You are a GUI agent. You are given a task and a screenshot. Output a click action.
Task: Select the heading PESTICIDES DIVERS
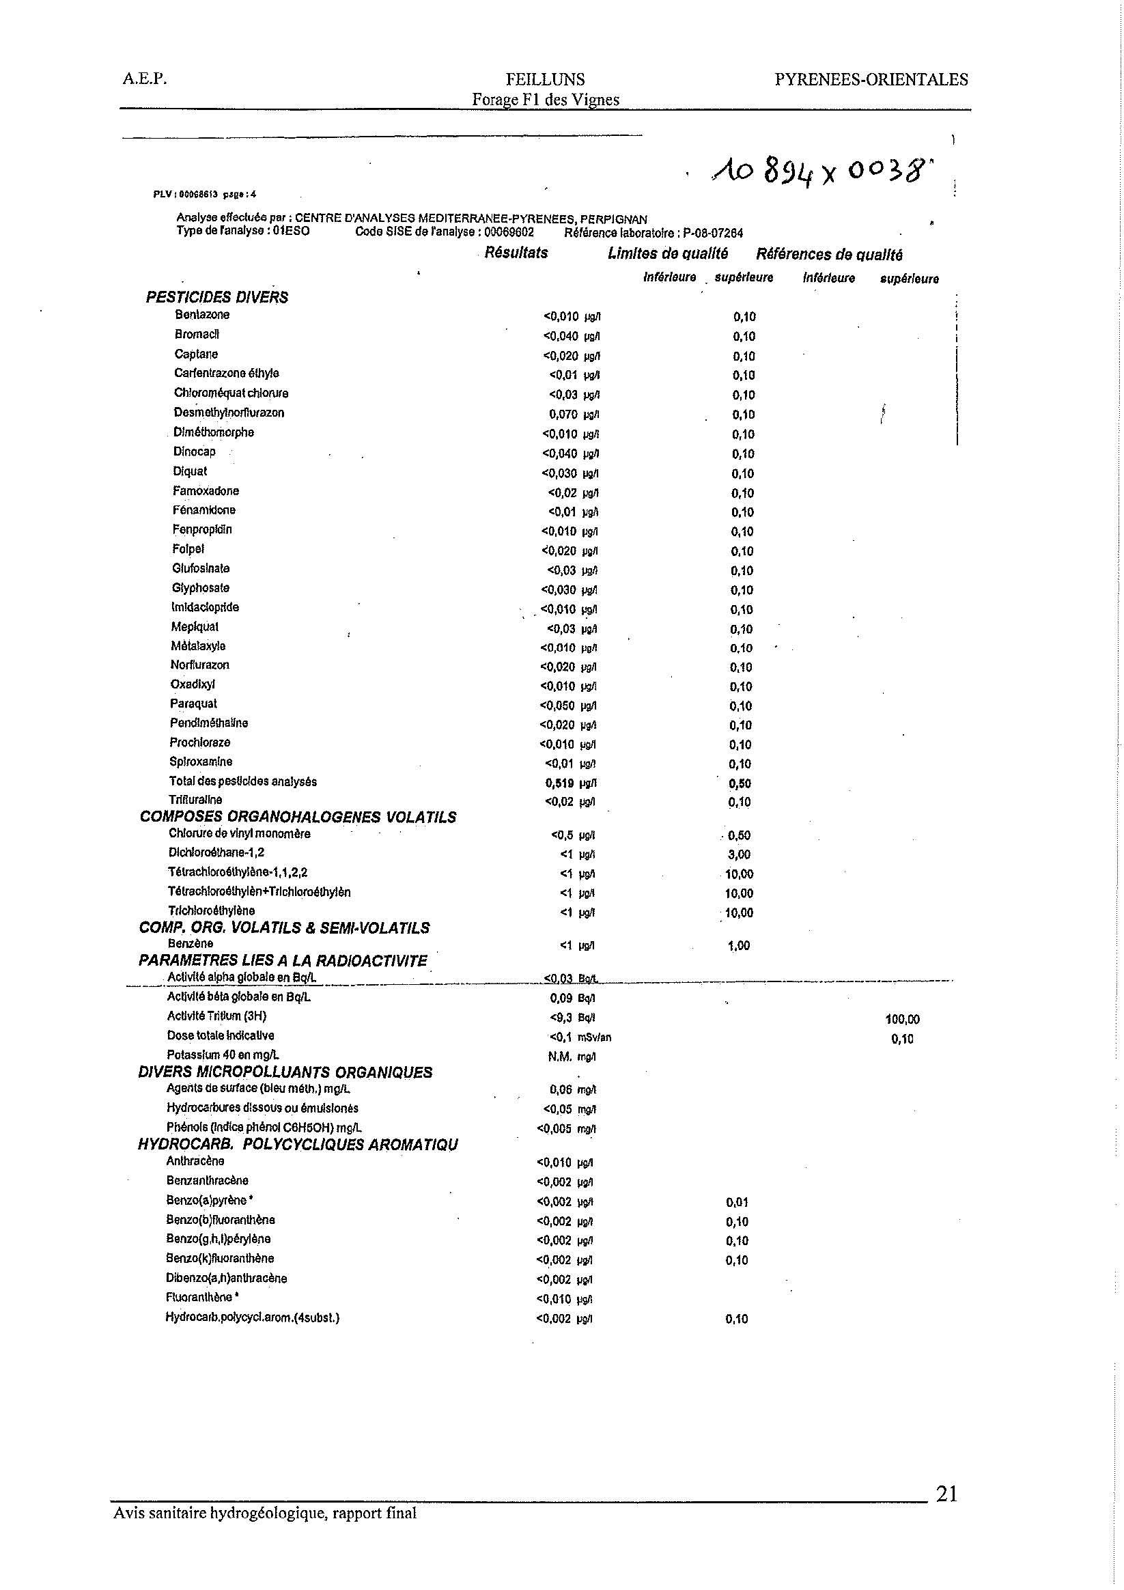pyautogui.click(x=216, y=297)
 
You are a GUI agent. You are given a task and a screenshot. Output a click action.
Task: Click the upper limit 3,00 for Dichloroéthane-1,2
pyautogui.click(x=739, y=854)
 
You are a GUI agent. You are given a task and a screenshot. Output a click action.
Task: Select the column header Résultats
pyautogui.click(x=516, y=253)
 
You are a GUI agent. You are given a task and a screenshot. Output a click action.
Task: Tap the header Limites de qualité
pyautogui.click(x=668, y=253)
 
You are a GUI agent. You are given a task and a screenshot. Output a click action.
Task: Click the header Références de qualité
pyautogui.click(x=829, y=254)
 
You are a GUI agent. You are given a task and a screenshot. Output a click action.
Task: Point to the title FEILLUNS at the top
pyautogui.click(x=545, y=80)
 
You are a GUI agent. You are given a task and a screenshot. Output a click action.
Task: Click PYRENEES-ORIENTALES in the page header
pyautogui.click(x=871, y=80)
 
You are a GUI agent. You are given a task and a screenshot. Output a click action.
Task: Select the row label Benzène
pyautogui.click(x=191, y=943)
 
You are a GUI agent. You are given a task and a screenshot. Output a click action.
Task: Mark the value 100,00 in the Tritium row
pyautogui.click(x=902, y=1020)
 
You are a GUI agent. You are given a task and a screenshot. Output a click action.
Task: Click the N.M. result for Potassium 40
pyautogui.click(x=559, y=1057)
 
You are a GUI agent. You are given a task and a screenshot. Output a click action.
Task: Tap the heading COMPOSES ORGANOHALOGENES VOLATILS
pyautogui.click(x=298, y=817)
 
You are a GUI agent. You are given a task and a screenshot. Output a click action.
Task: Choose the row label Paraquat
pyautogui.click(x=193, y=703)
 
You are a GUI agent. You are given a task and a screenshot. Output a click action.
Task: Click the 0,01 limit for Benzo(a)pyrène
pyautogui.click(x=737, y=1203)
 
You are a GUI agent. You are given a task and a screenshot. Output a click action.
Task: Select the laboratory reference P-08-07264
pyautogui.click(x=713, y=234)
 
